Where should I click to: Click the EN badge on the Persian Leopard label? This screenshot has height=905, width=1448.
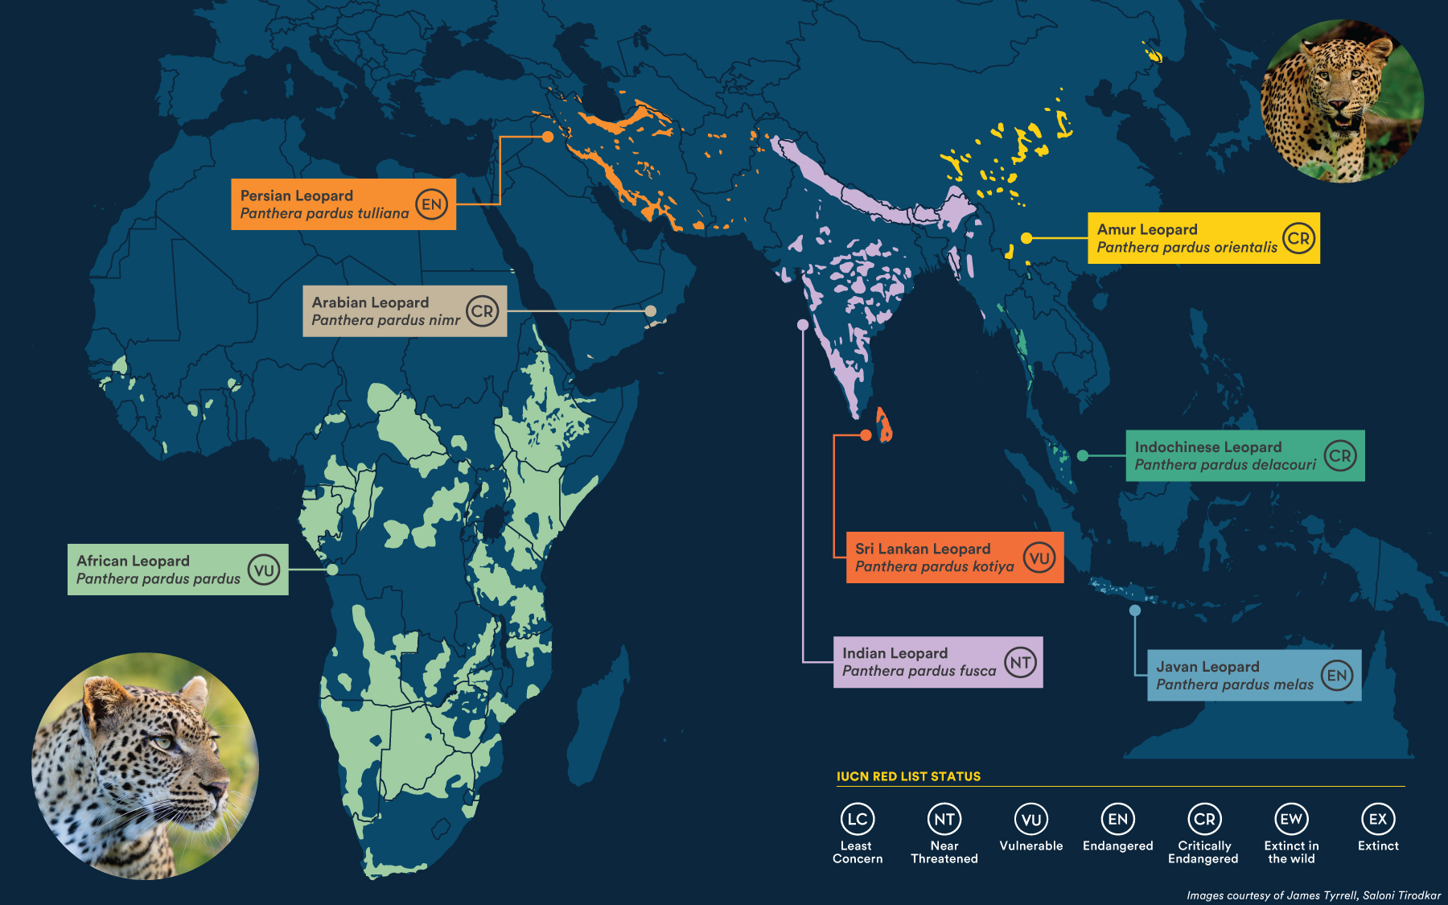tap(432, 204)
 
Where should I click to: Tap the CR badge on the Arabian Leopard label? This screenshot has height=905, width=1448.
tap(483, 311)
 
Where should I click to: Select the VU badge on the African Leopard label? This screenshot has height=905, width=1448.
tap(264, 570)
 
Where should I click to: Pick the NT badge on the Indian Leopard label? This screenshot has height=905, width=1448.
tap(1020, 663)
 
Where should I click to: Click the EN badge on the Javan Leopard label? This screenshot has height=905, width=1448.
tap(1337, 676)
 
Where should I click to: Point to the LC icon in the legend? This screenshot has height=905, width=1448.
tap(858, 819)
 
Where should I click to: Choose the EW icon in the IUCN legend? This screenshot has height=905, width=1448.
tap(1291, 819)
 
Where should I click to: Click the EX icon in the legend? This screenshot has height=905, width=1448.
tap(1378, 819)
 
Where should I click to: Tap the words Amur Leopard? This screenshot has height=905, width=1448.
tap(1147, 229)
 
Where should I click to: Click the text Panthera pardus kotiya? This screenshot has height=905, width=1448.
tap(934, 566)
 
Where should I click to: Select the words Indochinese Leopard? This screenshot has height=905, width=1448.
tap(1207, 446)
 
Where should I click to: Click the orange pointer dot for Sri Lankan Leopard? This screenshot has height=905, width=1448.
tap(866, 435)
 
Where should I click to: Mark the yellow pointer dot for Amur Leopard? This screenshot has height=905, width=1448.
tap(1026, 238)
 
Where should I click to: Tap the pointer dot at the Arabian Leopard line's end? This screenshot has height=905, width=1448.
tap(651, 311)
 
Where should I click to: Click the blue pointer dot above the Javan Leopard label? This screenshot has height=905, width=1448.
tap(1135, 611)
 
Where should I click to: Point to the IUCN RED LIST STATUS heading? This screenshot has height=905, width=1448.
tap(908, 776)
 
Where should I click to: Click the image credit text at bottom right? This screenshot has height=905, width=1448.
tap(1313, 895)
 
